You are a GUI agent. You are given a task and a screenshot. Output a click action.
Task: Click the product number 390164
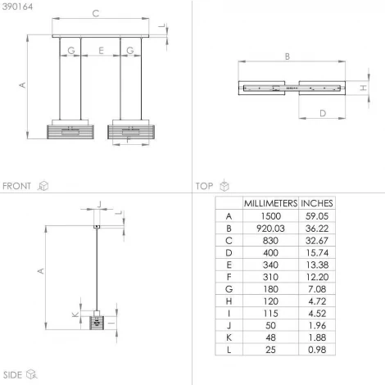click(x=17, y=7)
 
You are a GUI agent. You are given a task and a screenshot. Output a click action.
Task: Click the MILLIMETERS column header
click(x=270, y=203)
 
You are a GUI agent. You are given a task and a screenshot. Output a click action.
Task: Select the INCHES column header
click(x=317, y=203)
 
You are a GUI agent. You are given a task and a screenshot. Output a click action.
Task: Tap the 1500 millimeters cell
click(x=270, y=216)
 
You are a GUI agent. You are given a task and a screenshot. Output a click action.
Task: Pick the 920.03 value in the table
click(x=270, y=229)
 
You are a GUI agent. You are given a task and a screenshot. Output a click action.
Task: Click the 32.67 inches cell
click(x=317, y=241)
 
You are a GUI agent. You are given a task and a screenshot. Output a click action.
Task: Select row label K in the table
click(x=229, y=337)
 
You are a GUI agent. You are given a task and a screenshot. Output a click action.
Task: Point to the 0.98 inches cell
click(x=317, y=350)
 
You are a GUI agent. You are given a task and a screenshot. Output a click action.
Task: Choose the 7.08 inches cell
click(x=317, y=289)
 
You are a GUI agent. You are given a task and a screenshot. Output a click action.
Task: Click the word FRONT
click(x=16, y=186)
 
